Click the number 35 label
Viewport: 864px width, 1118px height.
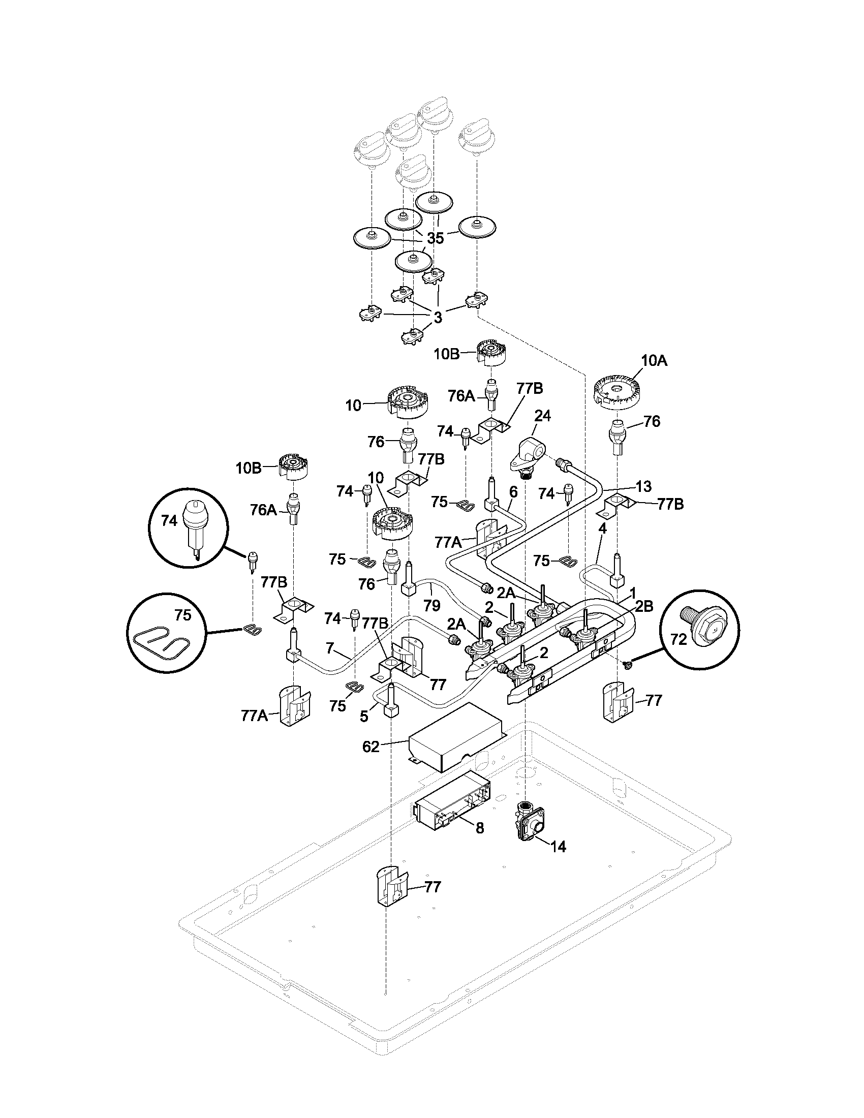click(435, 238)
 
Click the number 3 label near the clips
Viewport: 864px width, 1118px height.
click(438, 318)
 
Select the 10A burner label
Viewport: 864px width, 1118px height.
click(654, 361)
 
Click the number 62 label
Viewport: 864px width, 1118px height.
click(371, 747)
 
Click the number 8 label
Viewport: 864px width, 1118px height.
click(480, 828)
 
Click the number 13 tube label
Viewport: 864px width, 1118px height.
click(644, 485)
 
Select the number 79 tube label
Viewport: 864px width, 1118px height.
click(432, 606)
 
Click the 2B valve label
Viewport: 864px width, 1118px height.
click(644, 606)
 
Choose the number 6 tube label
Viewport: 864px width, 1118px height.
click(513, 492)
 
